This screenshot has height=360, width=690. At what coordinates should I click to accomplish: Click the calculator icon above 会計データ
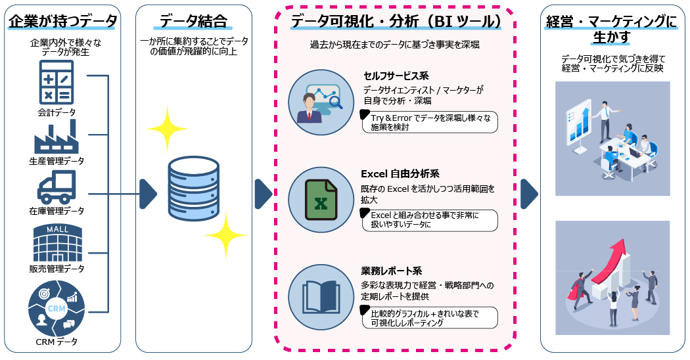click(x=57, y=81)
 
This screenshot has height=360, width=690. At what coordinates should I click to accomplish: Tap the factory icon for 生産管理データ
click(x=57, y=136)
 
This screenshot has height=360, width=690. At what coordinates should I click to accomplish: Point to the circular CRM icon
click(x=57, y=307)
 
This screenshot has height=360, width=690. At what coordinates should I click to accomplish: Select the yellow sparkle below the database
click(x=225, y=235)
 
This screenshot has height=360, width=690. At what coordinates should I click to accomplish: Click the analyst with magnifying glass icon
click(x=321, y=102)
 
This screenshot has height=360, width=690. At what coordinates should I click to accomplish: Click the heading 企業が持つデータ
click(x=64, y=22)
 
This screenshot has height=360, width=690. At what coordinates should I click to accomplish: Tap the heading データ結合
click(x=194, y=22)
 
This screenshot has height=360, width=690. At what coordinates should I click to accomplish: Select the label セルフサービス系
click(x=396, y=76)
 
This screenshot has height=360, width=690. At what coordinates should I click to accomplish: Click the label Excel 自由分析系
click(x=400, y=174)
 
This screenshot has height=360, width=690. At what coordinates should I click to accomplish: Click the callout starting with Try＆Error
click(x=430, y=122)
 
